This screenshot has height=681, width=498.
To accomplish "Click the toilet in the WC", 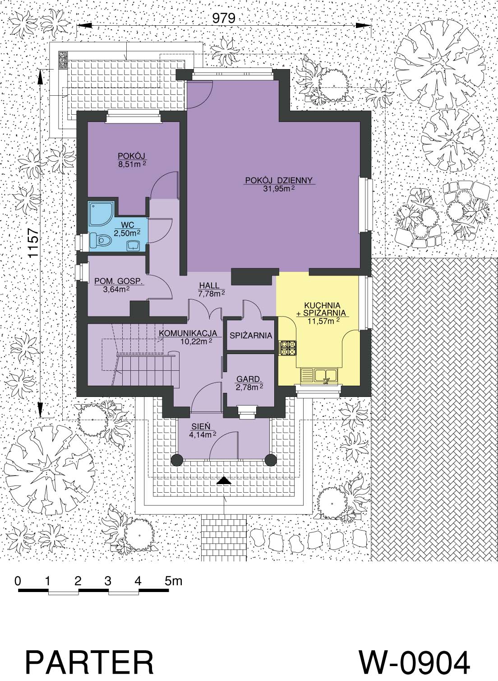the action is click(x=101, y=241).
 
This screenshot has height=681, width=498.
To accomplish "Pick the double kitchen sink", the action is click(x=319, y=375).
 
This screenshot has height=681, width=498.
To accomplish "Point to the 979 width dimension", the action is click(x=223, y=18).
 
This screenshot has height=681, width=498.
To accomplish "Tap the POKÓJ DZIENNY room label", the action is click(x=279, y=181).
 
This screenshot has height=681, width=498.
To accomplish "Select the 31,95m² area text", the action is click(x=279, y=189).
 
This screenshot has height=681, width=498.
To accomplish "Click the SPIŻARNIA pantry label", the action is click(x=250, y=336).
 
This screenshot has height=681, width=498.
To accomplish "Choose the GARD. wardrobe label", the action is click(x=249, y=379).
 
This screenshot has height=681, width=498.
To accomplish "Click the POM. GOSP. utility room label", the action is click(x=119, y=281).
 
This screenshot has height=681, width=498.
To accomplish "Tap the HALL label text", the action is click(x=209, y=286).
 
